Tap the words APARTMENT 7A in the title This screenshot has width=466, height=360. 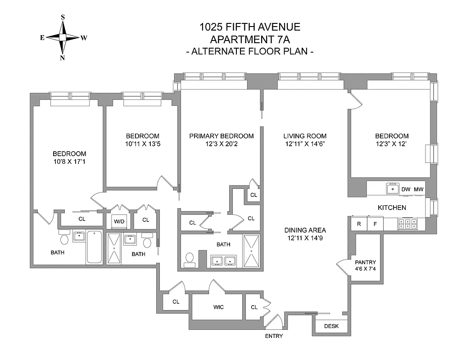[250, 39]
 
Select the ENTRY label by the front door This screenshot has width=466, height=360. [274, 336]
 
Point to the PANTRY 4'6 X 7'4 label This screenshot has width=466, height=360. [365, 265]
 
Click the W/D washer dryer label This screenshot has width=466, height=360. [119, 221]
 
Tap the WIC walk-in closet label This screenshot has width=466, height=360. [219, 307]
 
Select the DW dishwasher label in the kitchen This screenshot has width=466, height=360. [405, 189]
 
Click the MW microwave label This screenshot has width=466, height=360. [419, 189]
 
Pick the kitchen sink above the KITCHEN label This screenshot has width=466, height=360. [393, 189]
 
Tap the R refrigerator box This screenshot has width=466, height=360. [359, 223]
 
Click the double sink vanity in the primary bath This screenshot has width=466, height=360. [225, 261]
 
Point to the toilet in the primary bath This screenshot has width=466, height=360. [190, 260]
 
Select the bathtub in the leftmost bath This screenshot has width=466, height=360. [95, 247]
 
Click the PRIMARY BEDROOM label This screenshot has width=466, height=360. [221, 136]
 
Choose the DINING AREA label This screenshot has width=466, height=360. [305, 230]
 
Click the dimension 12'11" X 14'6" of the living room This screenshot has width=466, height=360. [305, 144]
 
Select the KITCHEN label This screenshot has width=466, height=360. [392, 207]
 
